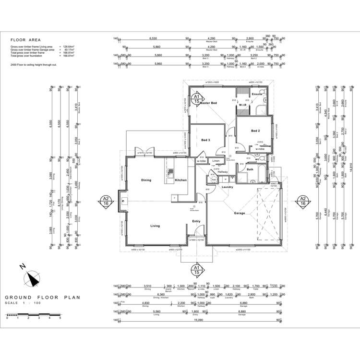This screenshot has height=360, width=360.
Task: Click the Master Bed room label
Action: click(x=209, y=103)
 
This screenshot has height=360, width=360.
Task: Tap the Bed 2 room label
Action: click(x=255, y=131)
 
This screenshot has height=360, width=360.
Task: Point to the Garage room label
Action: click(x=240, y=213)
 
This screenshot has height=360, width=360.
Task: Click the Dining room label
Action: click(x=146, y=180)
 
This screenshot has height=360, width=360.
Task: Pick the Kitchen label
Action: click(x=180, y=180)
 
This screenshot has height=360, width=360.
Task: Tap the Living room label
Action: click(x=155, y=226)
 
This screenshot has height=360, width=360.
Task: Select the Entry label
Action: click(x=196, y=221)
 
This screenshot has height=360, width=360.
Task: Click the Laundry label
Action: click(x=228, y=187)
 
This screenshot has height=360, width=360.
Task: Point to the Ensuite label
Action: click(x=257, y=94)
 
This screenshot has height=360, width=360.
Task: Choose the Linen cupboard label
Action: click(x=216, y=161)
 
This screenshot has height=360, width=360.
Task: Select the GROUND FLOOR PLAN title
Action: click(x=42, y=298)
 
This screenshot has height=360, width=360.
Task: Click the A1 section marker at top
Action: click(x=196, y=99)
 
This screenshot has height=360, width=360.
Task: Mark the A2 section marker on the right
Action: click(x=303, y=201)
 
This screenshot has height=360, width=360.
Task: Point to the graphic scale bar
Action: click(x=33, y=314)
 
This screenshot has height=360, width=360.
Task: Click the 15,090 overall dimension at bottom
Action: click(x=198, y=324)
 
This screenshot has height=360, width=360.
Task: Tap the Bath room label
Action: click(x=250, y=169)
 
